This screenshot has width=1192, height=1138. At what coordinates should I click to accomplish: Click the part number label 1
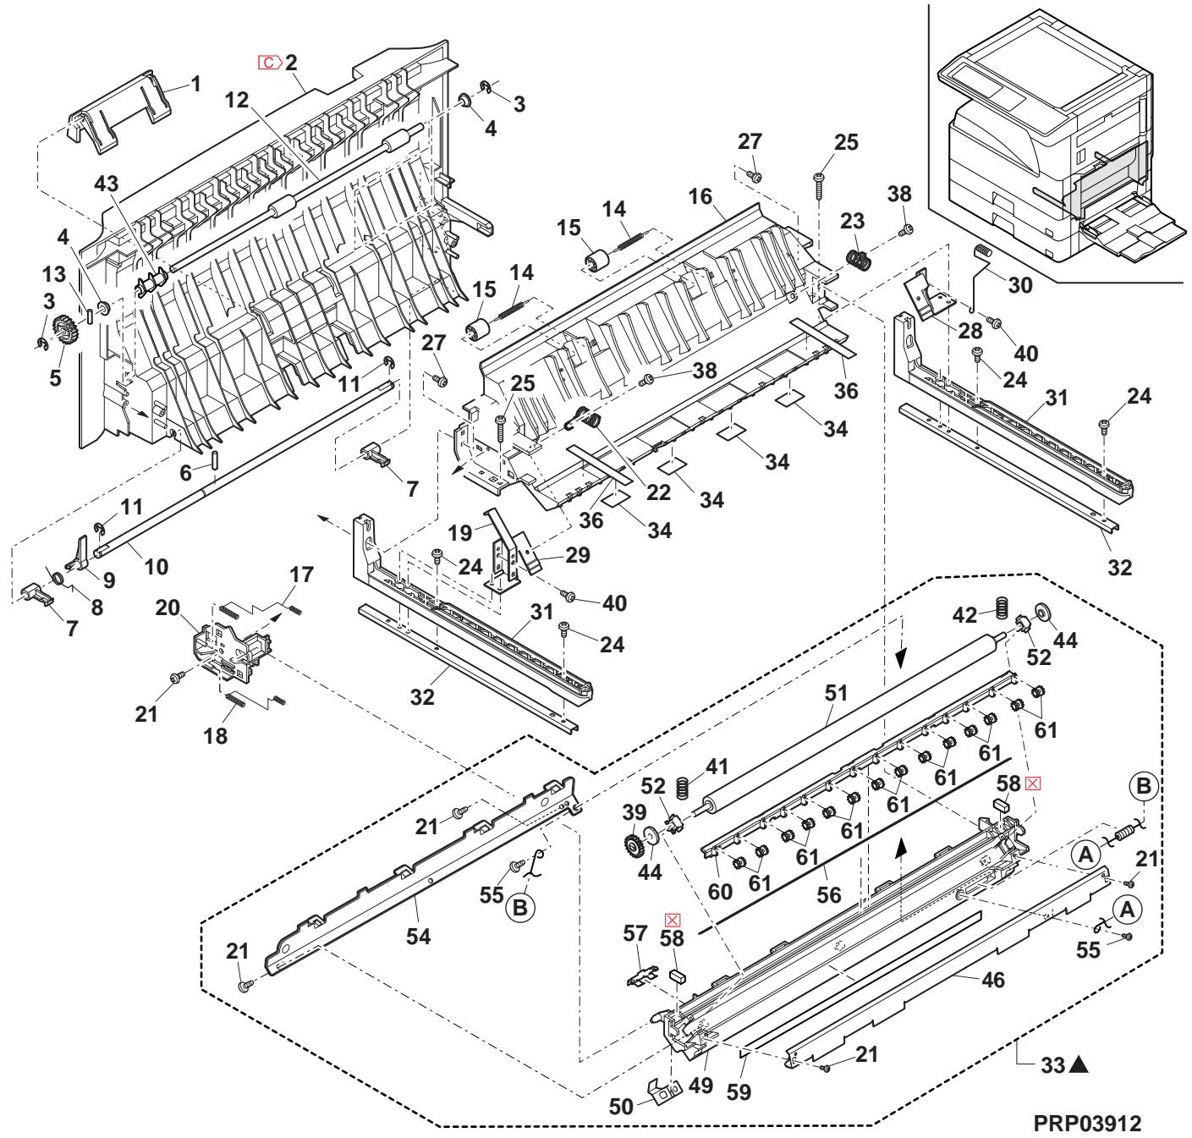tap(195, 84)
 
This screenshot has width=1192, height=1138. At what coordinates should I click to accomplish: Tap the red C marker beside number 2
tap(269, 62)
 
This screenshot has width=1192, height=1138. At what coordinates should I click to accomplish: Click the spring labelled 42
tap(1001, 607)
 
